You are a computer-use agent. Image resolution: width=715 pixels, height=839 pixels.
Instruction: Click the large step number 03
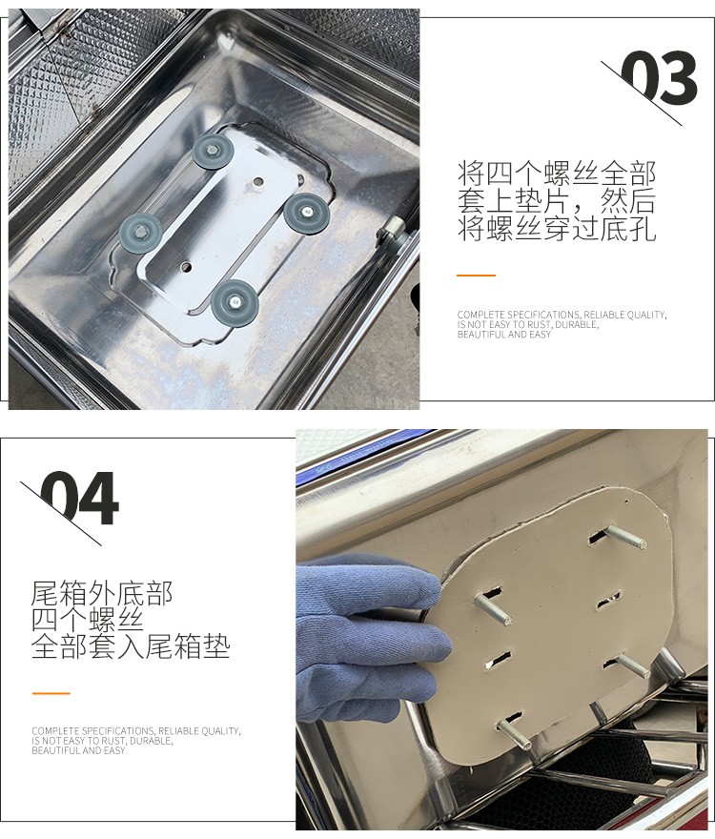[659, 78]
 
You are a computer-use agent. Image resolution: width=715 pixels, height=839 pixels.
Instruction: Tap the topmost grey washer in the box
[213, 152]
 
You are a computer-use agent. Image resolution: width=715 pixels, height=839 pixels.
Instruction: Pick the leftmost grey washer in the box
[140, 234]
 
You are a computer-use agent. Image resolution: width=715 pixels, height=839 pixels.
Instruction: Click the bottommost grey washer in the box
[234, 300]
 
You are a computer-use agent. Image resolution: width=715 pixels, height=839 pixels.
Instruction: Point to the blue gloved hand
[369, 641]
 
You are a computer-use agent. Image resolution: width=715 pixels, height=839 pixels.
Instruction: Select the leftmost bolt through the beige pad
[492, 611]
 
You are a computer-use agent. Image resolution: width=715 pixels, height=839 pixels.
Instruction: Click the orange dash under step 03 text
[476, 275]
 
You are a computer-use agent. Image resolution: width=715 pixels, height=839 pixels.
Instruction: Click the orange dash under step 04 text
[51, 693]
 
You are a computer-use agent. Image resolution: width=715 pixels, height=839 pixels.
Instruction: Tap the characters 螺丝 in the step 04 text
[116, 620]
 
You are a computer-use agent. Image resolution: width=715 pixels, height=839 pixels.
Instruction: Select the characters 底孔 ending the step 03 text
[628, 229]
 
